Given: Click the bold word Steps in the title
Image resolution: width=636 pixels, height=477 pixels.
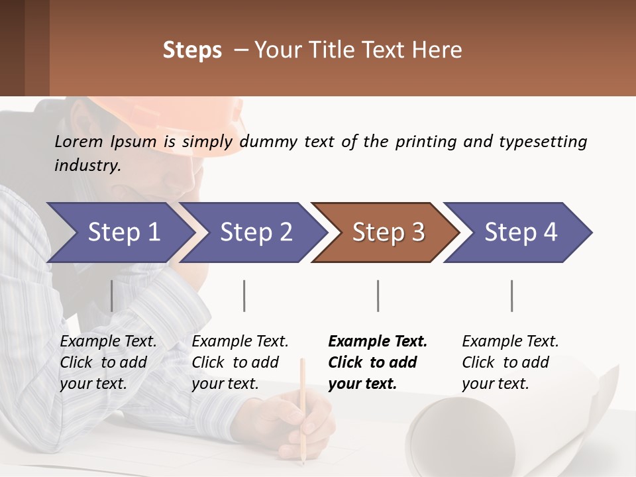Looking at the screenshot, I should pos(192,50).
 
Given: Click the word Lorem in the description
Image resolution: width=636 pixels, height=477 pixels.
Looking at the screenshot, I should pos(79,141).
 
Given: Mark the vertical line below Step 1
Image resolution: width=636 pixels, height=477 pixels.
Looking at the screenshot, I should pos(112,295).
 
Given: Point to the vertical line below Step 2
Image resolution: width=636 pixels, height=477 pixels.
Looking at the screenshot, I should pos(244,295).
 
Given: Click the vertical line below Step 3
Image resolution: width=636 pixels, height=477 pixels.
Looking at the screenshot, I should pos(378,295).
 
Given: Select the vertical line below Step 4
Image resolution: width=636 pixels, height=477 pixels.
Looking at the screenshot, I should pos(511,295).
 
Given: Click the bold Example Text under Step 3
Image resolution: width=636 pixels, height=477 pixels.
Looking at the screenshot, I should pos(378,342).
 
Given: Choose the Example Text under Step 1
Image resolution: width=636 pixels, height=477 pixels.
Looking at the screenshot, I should pos(108,342).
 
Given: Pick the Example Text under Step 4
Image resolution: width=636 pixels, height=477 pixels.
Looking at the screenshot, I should pos(510,342).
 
